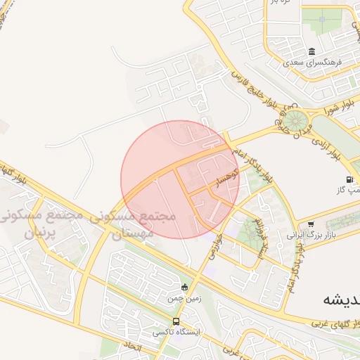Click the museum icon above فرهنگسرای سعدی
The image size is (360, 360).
[x=311, y=52]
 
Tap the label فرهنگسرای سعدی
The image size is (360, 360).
[x=312, y=62]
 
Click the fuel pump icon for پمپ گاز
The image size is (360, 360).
[x=350, y=180]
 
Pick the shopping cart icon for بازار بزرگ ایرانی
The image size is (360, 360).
[x=311, y=224]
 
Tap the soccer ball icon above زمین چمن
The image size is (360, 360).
[x=184, y=286]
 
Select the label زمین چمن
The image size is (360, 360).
[x=179, y=298]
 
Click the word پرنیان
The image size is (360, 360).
[x=40, y=233]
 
